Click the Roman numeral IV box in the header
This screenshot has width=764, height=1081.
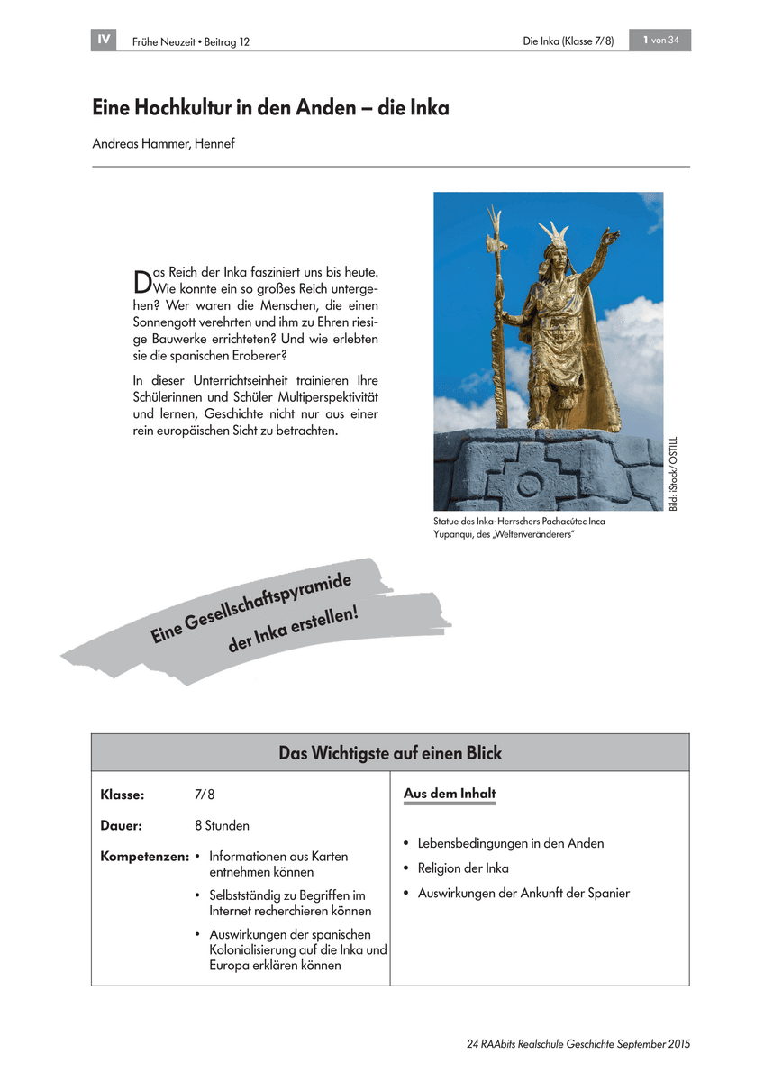point(104,40)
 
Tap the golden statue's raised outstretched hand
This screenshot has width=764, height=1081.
point(612,239)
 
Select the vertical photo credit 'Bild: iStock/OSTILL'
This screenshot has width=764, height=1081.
point(672,475)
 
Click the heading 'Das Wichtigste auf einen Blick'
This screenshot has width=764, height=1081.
point(390,753)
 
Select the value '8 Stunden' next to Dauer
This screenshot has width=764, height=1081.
point(222,825)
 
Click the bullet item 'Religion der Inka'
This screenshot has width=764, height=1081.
point(463,868)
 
